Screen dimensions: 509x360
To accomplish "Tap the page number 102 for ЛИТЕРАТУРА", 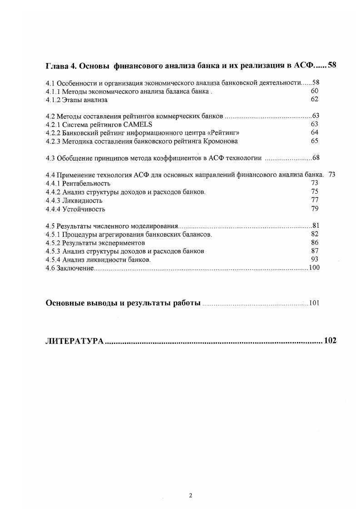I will click(x=330, y=341).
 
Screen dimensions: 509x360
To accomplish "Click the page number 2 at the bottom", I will click(x=191, y=495).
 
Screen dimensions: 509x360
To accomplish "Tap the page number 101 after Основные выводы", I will click(x=314, y=303).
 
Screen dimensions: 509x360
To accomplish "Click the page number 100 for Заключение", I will click(x=314, y=268).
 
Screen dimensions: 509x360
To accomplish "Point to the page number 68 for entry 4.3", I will click(x=316, y=158).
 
